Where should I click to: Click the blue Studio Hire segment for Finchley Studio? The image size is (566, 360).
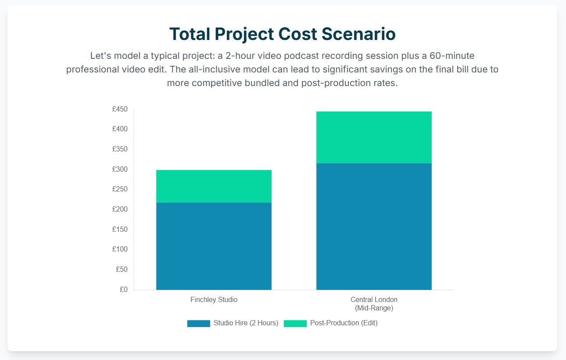point(214,246)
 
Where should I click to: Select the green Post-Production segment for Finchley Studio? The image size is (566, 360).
point(214,186)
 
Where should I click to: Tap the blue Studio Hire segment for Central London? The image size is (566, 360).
point(374,226)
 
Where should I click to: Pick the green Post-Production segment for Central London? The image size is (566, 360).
point(374,137)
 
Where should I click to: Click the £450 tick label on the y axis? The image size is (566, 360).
point(120,109)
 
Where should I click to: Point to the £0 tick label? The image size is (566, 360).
point(124,289)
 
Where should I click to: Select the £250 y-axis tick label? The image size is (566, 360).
point(120,189)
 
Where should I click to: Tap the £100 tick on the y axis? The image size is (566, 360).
point(120,249)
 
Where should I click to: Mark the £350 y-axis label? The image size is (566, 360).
point(120,149)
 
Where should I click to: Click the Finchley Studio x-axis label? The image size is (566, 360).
point(214,299)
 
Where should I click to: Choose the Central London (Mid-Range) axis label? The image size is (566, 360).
point(374,304)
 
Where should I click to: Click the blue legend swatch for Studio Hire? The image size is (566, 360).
point(199,324)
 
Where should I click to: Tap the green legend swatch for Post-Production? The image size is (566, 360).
point(295,324)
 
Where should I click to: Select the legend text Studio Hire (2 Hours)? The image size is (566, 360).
point(246,323)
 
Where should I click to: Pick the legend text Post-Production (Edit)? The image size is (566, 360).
point(344,323)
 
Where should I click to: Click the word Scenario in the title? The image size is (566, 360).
point(358,34)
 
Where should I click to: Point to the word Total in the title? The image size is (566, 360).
point(190,34)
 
